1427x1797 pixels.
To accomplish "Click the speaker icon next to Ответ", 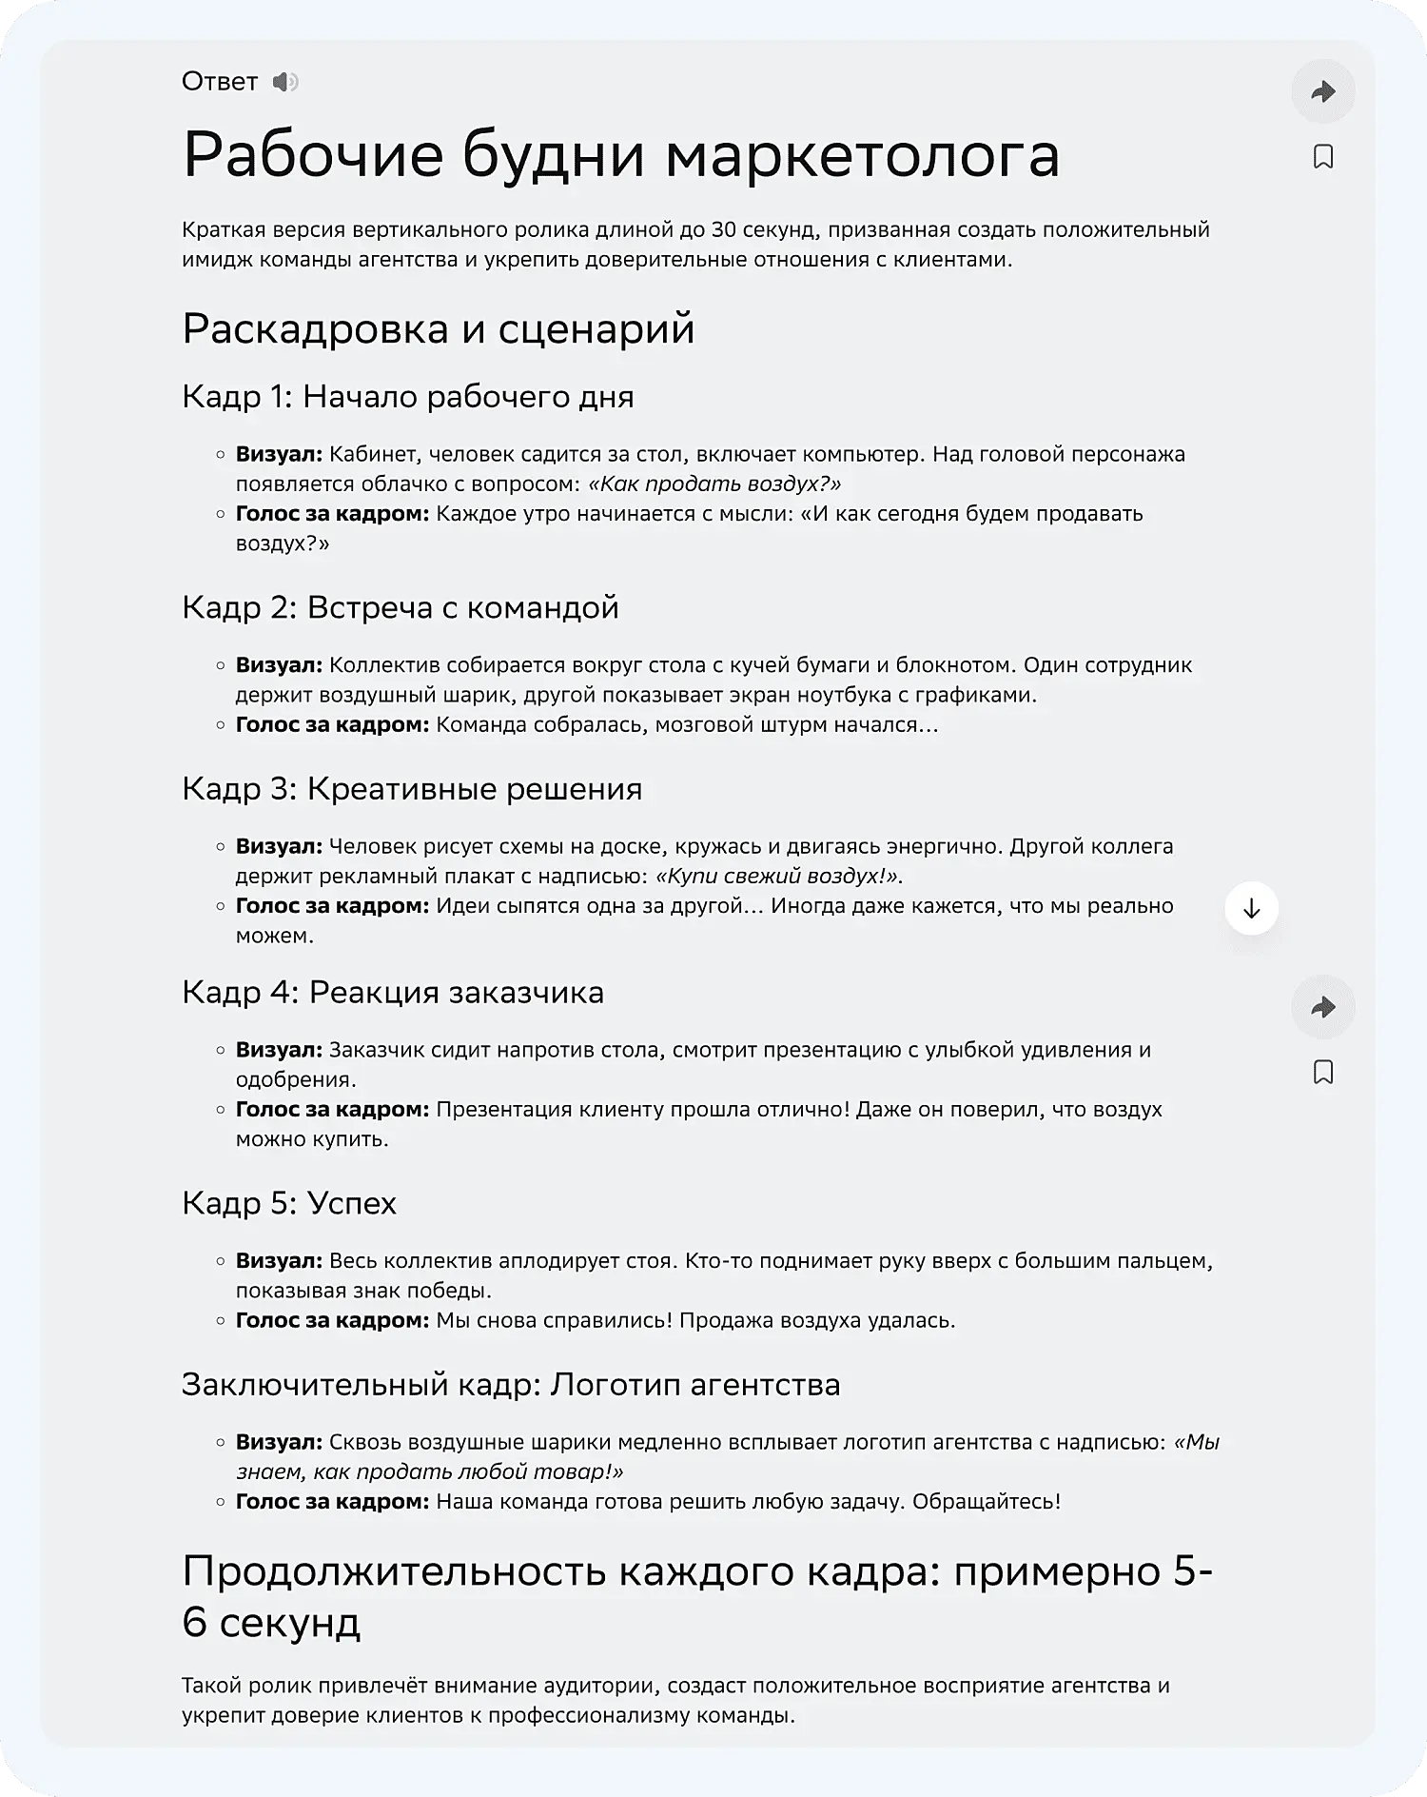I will click(x=284, y=82).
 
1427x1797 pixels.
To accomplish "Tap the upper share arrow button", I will click(x=1322, y=91).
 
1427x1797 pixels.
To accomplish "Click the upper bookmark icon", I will click(x=1322, y=156).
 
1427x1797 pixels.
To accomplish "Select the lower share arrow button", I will click(x=1322, y=1007).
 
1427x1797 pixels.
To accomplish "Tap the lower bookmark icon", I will click(x=1322, y=1073).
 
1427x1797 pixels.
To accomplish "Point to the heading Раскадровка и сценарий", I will click(x=438, y=329).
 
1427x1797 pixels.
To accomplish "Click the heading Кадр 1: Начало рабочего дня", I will click(x=407, y=397).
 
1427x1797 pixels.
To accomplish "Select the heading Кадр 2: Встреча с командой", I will click(x=400, y=607).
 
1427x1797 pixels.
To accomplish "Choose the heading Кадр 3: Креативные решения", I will click(x=411, y=789).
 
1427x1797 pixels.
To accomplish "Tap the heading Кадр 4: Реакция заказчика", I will click(x=392, y=993).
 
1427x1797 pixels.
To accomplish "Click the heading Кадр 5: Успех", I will click(x=288, y=1203).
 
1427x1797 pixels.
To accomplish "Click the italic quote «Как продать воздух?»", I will click(x=714, y=484).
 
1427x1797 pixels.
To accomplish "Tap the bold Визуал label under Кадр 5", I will click(x=279, y=1261).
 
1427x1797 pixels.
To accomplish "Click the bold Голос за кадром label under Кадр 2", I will click(x=332, y=724).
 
